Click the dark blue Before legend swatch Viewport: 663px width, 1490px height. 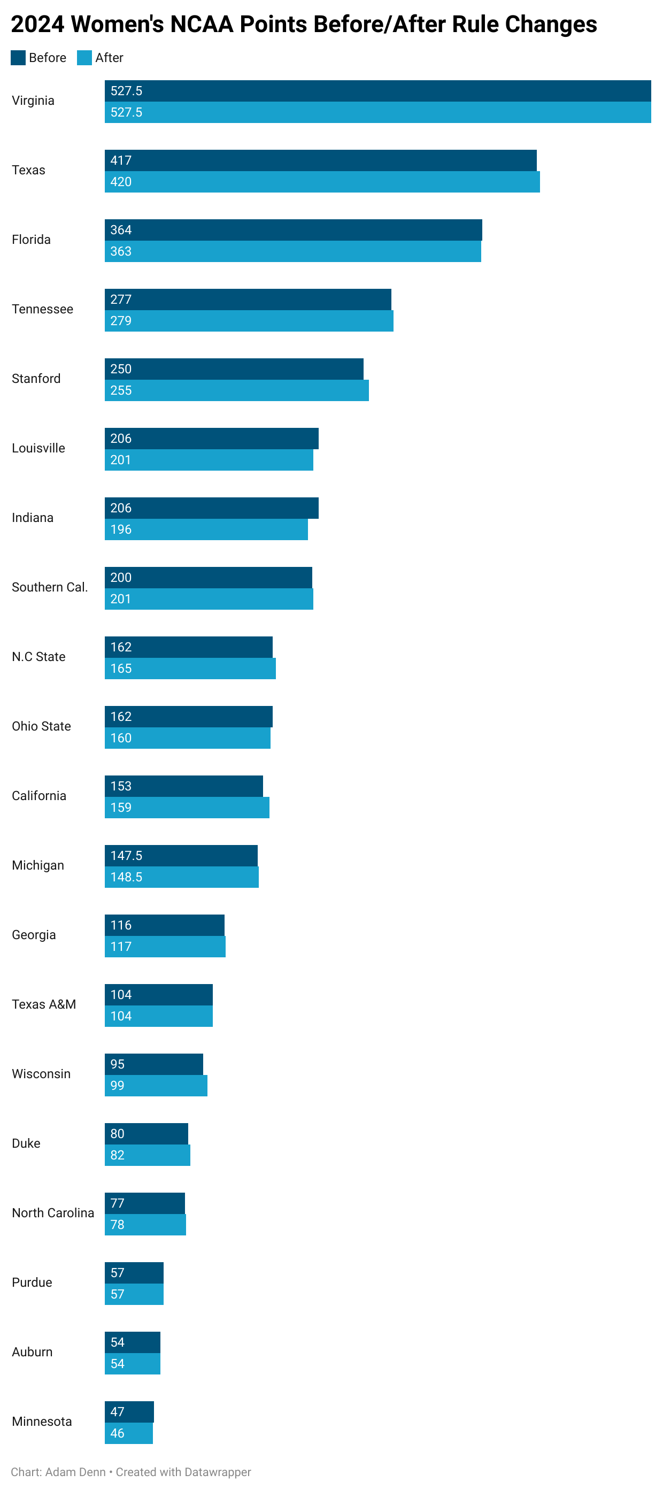click(18, 58)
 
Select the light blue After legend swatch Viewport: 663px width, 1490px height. click(84, 58)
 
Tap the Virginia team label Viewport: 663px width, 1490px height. click(33, 101)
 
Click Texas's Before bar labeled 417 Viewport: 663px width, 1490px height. click(320, 160)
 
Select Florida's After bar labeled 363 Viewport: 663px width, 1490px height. click(292, 251)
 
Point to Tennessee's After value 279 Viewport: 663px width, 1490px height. click(121, 320)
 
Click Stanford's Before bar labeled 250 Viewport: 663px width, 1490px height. click(234, 368)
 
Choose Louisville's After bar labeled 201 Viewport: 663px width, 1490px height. click(209, 460)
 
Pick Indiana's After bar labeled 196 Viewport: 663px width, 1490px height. click(206, 529)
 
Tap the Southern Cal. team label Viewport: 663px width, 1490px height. click(50, 587)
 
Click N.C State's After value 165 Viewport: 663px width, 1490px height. click(121, 668)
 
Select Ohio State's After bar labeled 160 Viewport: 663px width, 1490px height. click(187, 738)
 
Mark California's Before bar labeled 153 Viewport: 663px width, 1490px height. click(183, 786)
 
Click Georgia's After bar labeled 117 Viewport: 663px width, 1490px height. click(165, 946)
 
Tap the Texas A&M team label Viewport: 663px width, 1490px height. click(44, 1004)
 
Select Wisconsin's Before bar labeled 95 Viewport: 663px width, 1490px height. click(154, 1064)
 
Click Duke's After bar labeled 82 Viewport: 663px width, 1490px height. click(147, 1155)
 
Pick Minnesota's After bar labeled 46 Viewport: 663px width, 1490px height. click(128, 1433)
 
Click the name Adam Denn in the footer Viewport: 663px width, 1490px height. click(75, 1471)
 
